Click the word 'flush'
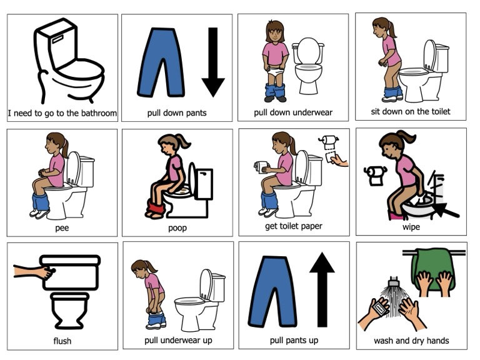(62, 341)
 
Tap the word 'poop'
(177, 228)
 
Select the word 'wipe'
(411, 227)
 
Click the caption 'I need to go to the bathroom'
(62, 113)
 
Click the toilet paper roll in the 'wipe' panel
(376, 176)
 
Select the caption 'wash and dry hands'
(411, 341)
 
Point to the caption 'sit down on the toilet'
(411, 112)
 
